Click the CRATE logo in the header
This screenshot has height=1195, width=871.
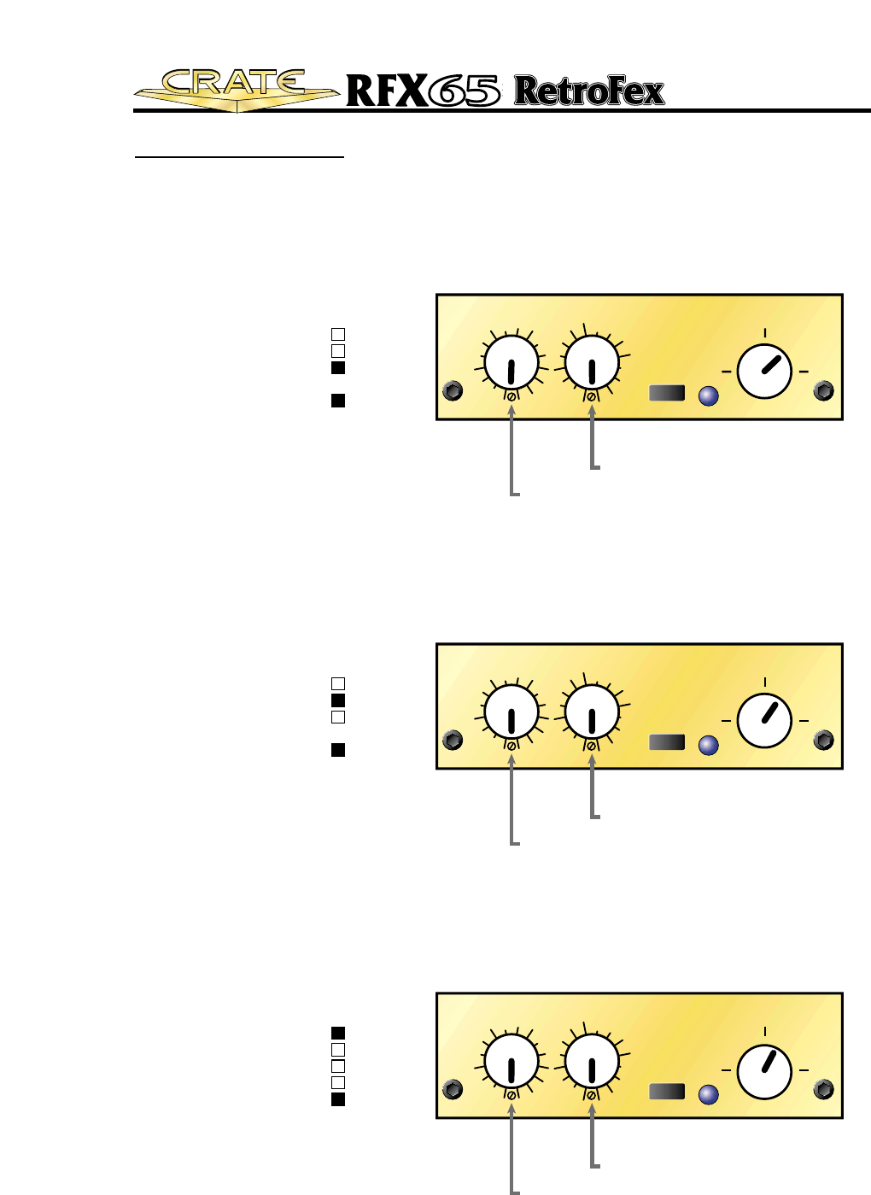235,89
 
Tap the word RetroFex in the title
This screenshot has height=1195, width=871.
589,91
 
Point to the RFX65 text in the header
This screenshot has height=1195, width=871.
423,91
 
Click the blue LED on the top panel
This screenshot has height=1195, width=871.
708,396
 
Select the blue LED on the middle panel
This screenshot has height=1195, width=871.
708,746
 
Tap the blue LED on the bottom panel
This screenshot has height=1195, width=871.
708,1095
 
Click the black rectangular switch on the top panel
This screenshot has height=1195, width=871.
667,393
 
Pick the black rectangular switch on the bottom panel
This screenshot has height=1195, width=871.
667,1092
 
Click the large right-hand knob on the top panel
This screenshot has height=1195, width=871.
764,372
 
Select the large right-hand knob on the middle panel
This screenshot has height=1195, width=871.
764,720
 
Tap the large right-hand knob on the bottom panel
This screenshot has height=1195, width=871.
764,1070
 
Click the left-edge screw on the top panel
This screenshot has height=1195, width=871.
453,391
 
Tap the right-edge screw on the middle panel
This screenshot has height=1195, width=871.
824,740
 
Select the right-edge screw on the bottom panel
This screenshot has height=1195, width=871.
824,1089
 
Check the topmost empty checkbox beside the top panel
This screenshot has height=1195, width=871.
338,334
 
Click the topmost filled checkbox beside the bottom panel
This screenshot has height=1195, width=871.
338,1033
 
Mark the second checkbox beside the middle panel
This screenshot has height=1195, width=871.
338,700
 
